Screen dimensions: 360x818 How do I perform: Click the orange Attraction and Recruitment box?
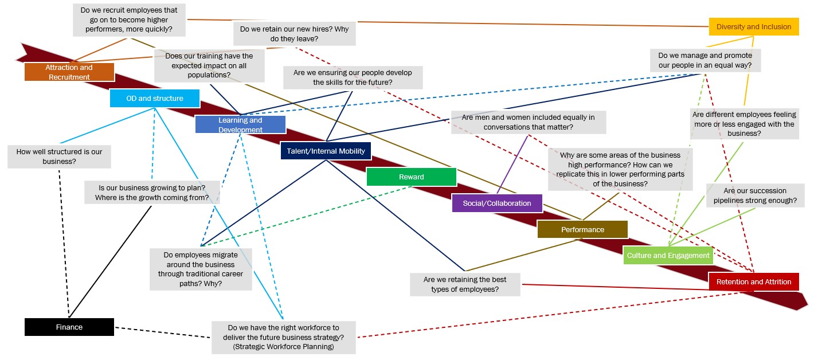coord(69,72)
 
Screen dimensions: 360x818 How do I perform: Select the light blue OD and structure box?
coord(155,99)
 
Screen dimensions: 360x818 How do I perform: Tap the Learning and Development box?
coord(240,124)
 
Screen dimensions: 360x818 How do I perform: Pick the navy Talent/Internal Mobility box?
coord(326,151)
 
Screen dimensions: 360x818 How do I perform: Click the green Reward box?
coord(412,177)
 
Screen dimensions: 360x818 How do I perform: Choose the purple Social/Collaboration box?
coord(497,204)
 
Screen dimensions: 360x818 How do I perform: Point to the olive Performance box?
coord(582,230)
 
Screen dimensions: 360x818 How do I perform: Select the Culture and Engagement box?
coord(668,256)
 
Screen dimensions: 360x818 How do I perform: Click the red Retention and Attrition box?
coord(754,282)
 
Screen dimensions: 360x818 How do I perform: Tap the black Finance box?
coord(69,327)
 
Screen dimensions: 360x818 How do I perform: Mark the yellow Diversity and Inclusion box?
coord(754,27)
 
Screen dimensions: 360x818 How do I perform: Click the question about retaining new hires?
coord(294,34)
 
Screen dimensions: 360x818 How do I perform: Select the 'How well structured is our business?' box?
coord(59,156)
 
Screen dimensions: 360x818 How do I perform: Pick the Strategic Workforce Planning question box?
coord(284,337)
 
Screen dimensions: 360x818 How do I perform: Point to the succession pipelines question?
coord(755,195)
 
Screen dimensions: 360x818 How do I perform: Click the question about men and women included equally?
coord(528,122)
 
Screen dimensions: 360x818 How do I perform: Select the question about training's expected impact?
coord(209,65)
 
